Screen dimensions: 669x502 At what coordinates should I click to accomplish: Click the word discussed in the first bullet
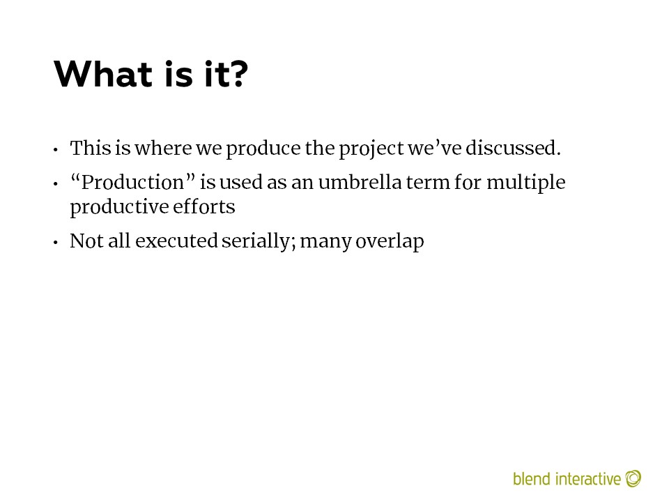(x=513, y=148)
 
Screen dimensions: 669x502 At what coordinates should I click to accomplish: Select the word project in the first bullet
(x=371, y=149)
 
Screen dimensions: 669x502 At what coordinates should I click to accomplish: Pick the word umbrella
(x=360, y=182)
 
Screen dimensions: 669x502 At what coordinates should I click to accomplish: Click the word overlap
(x=390, y=242)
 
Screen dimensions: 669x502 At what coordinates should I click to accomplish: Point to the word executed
(x=176, y=241)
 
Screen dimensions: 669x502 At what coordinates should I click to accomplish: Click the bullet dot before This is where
(x=56, y=150)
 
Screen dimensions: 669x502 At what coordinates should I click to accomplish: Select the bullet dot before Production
(x=56, y=184)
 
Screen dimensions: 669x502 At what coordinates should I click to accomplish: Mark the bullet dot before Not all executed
(x=56, y=243)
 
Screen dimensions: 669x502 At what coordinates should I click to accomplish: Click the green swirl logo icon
(x=633, y=478)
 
